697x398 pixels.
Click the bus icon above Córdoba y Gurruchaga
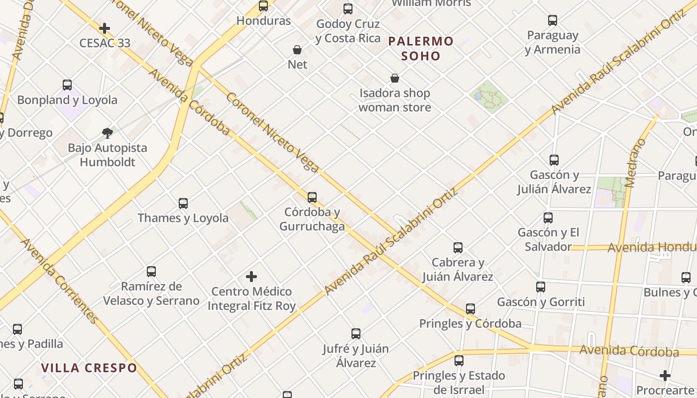point(312,198)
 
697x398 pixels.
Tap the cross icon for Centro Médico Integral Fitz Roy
point(251,277)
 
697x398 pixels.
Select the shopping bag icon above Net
point(297,50)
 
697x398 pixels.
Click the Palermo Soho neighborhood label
point(421,48)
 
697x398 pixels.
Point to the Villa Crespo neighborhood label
point(89,368)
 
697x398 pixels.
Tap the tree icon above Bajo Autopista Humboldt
point(107,133)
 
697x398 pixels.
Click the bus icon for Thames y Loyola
point(183,203)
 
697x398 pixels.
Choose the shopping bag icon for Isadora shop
point(395,78)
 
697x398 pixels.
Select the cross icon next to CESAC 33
point(105,28)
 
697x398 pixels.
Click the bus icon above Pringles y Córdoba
point(470,309)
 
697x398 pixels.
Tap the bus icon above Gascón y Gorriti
point(541,287)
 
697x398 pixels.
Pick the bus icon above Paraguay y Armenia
point(553,20)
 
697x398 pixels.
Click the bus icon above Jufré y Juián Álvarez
point(356,334)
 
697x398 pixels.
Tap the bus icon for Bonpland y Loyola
point(67,85)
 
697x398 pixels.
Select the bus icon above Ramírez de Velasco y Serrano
point(151,272)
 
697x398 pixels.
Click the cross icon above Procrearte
point(665,376)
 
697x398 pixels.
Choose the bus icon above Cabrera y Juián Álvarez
point(458,248)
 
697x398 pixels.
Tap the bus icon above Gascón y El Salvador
point(548,218)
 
